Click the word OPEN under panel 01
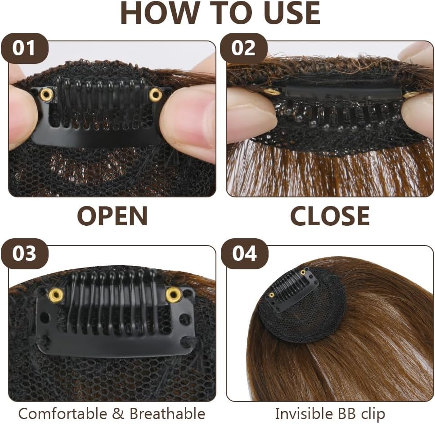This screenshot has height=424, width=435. (112, 216)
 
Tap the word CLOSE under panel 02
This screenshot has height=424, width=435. (330, 216)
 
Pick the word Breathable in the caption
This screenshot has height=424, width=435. (167, 413)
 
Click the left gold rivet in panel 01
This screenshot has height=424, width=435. (45, 94)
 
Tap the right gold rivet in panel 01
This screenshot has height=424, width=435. (156, 94)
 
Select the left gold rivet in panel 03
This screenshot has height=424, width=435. (56, 295)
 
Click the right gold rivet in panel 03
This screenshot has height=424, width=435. (173, 295)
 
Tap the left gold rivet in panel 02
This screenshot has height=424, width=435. (272, 92)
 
